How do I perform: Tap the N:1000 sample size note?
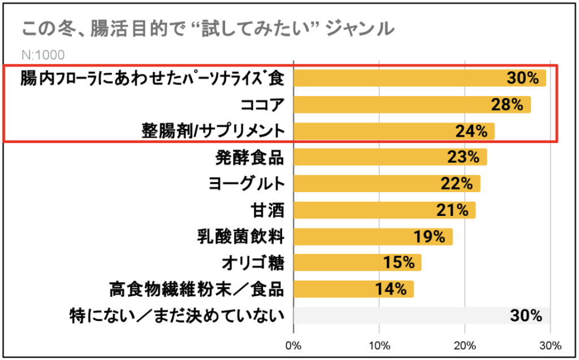pos(42,55)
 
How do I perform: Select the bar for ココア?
pos(412,105)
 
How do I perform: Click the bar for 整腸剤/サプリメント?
pos(394,131)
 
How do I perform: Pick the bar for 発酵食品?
pos(390,158)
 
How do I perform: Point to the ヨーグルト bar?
pos(386,184)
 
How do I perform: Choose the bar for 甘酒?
pos(384,210)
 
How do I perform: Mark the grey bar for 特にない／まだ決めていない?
pos(421,315)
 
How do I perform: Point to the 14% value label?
pos(391,289)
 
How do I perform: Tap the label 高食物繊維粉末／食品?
pos(196,289)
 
